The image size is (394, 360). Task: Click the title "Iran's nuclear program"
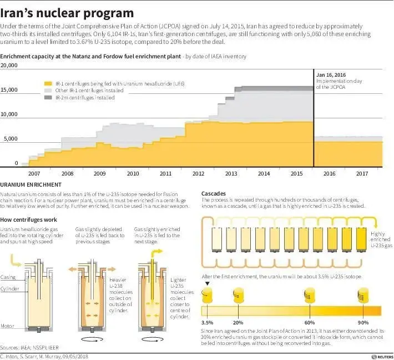tap(67, 12)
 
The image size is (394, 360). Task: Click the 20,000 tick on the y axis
tap(10, 66)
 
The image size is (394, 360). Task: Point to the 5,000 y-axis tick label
tap(12, 139)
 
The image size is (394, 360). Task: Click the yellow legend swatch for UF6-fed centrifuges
tap(49, 83)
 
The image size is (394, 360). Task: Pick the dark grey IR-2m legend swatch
tap(49, 97)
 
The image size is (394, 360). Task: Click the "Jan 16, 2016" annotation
tap(331, 74)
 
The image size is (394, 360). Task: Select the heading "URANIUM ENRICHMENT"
tap(31, 184)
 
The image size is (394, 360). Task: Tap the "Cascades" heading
tap(214, 193)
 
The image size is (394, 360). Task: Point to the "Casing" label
tap(8, 277)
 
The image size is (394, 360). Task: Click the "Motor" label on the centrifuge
tap(8, 326)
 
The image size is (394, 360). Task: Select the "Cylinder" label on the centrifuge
tap(9, 289)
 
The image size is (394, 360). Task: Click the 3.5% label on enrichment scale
tap(207, 322)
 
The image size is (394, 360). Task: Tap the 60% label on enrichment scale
tap(310, 322)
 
